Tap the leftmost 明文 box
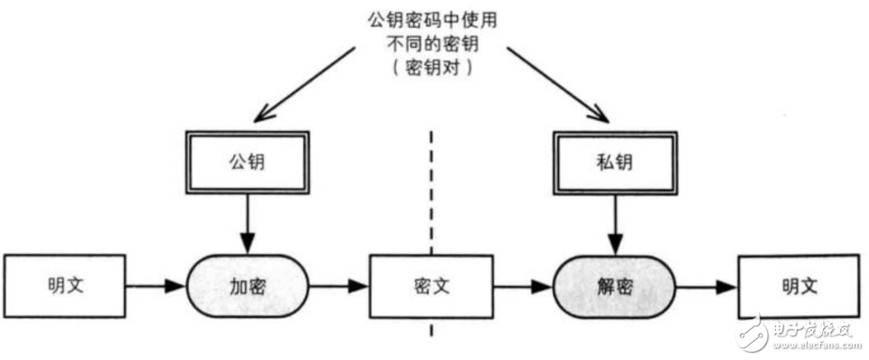click(66, 287)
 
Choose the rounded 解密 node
click(615, 287)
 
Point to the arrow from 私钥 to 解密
click(615, 225)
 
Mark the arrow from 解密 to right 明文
click(707, 287)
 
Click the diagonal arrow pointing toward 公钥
click(302, 84)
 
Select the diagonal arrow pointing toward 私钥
click(556, 84)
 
